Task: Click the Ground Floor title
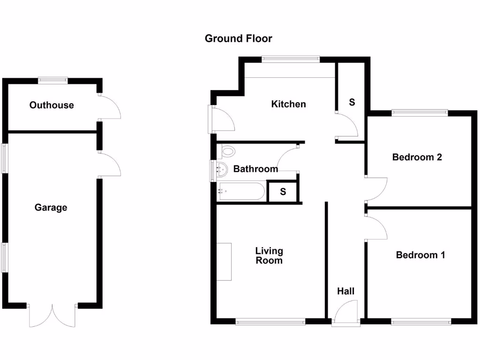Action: [238, 38]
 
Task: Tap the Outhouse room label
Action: [52, 105]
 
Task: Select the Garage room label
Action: [51, 207]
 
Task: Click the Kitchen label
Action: [288, 104]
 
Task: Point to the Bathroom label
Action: [255, 169]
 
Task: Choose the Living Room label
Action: [269, 255]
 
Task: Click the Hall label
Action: [346, 291]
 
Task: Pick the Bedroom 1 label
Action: [420, 255]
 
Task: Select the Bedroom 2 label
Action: [417, 157]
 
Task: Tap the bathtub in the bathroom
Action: [241, 191]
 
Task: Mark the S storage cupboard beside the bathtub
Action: [283, 192]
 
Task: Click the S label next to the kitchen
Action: [352, 102]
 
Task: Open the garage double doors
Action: [52, 315]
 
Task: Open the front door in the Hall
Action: [346, 313]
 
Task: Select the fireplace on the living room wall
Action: [224, 262]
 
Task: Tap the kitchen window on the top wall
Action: [291, 59]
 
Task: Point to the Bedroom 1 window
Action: [421, 321]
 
